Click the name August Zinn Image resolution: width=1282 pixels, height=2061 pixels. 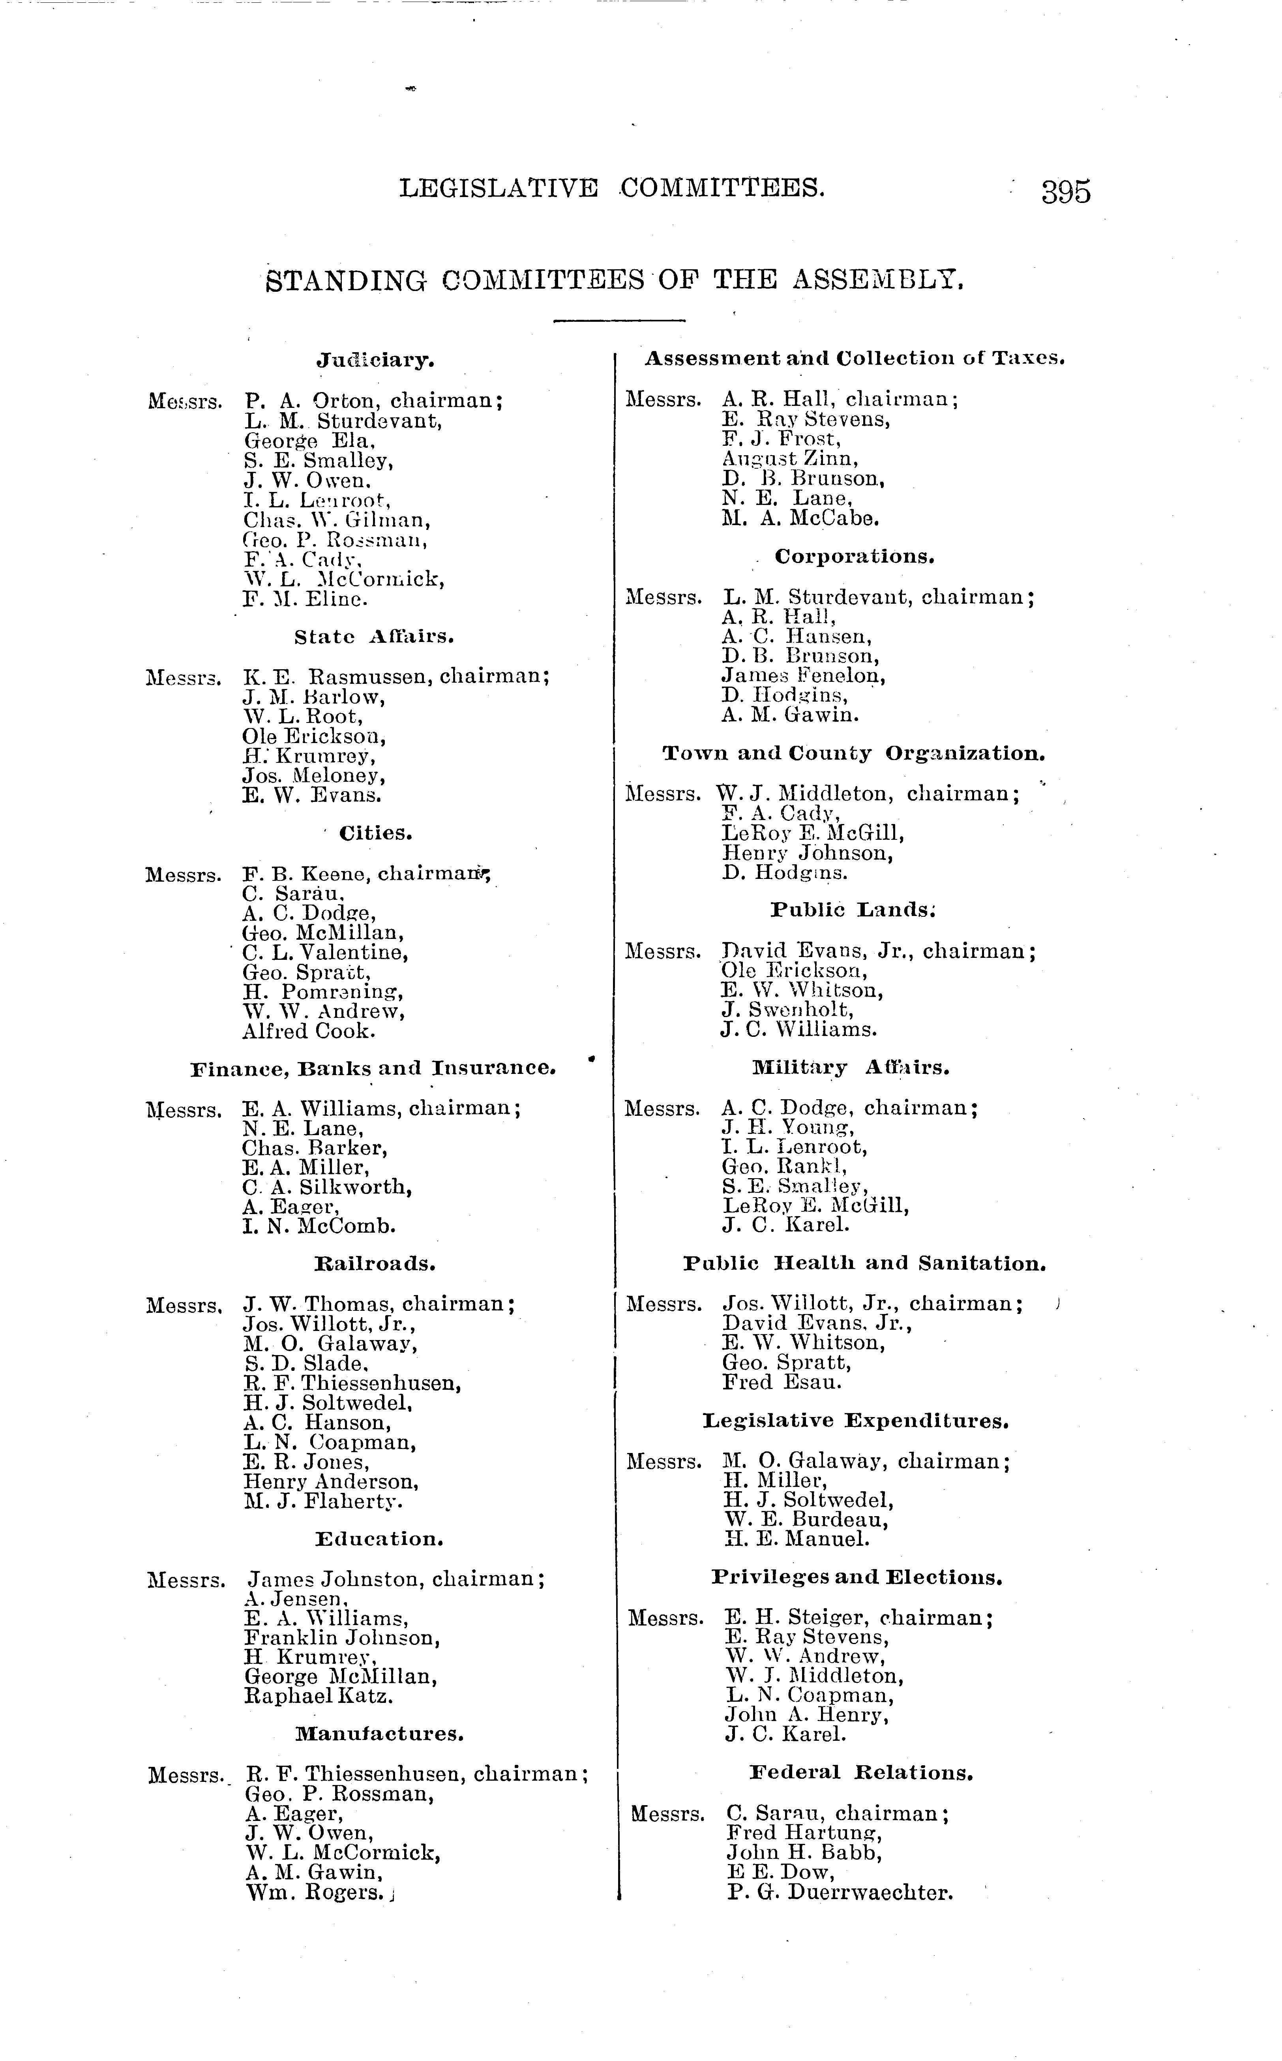click(789, 459)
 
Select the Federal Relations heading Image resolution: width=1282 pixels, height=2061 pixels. click(860, 1773)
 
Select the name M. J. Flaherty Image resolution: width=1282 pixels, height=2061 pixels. click(322, 1501)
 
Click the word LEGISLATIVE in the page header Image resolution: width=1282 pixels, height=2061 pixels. click(499, 188)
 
